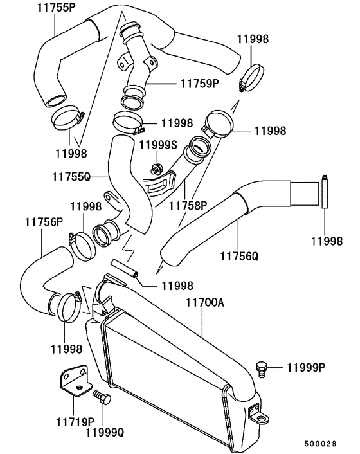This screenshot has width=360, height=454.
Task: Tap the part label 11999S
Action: pyautogui.click(x=157, y=145)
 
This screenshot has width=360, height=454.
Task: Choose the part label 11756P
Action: pyautogui.click(x=44, y=222)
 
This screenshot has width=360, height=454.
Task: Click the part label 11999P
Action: pyautogui.click(x=306, y=368)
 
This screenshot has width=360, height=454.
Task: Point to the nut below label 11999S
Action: pyautogui.click(x=156, y=169)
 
